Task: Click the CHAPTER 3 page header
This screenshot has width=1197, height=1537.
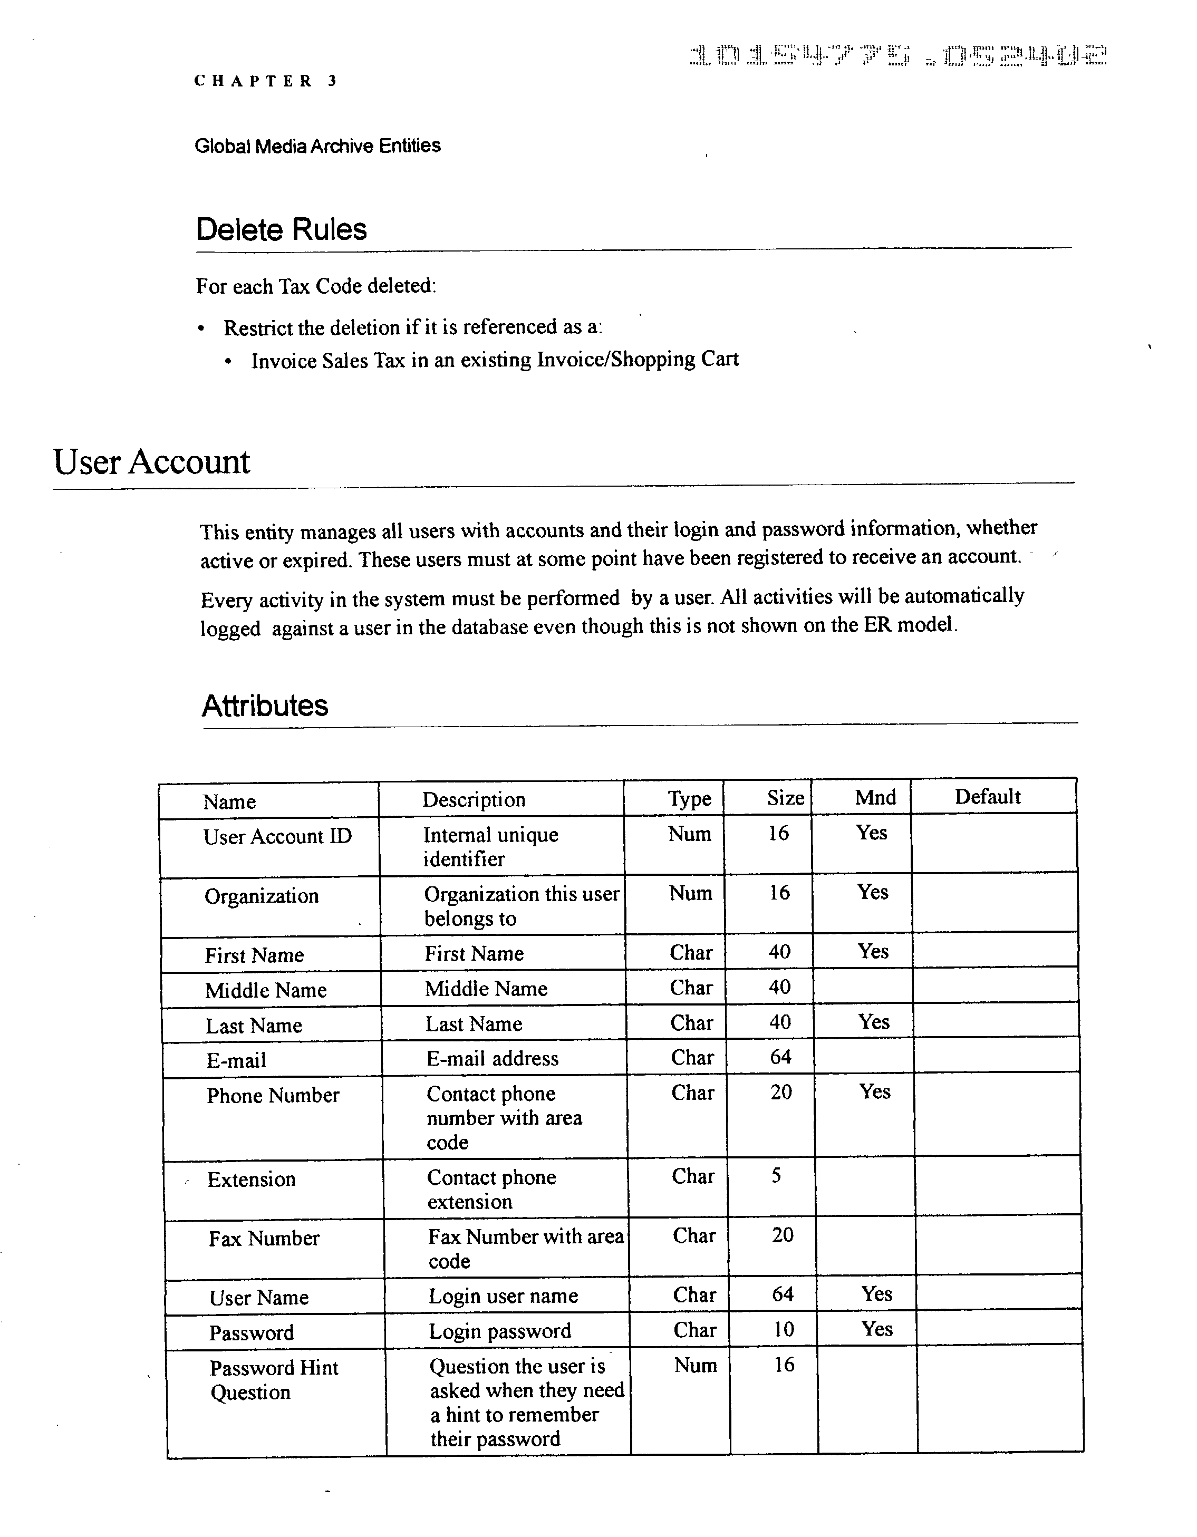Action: coord(265,81)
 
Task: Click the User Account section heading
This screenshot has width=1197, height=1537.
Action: coord(151,462)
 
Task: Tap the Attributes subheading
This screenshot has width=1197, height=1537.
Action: coord(265,705)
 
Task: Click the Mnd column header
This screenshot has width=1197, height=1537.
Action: coord(875,797)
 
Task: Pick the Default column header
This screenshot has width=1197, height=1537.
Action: coord(987,797)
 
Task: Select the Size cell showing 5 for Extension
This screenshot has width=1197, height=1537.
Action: coord(776,1176)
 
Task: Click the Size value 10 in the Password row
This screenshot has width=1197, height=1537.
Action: coord(783,1329)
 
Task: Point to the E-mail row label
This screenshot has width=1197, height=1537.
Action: coord(236,1060)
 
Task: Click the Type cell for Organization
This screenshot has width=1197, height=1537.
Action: coord(690,893)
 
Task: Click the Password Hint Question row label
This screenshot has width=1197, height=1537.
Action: coord(273,1380)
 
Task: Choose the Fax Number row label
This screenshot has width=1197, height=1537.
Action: coord(264,1239)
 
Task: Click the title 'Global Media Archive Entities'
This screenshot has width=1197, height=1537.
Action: coord(317,146)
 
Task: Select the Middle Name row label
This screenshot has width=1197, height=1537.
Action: coord(265,991)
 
